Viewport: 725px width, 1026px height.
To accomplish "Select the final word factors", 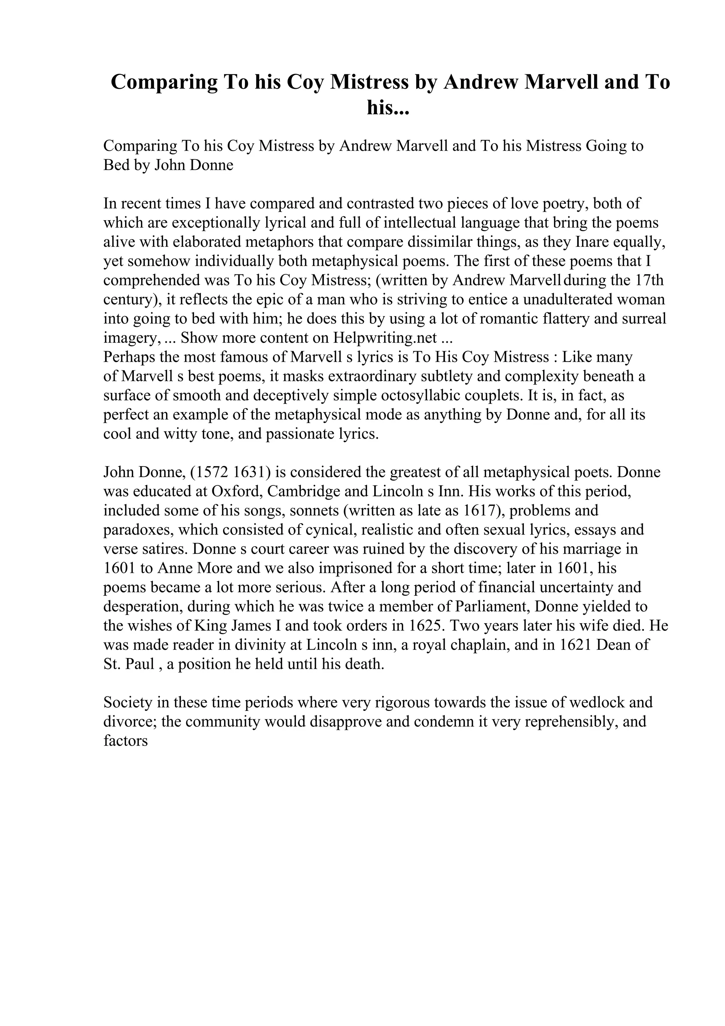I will tap(126, 741).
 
